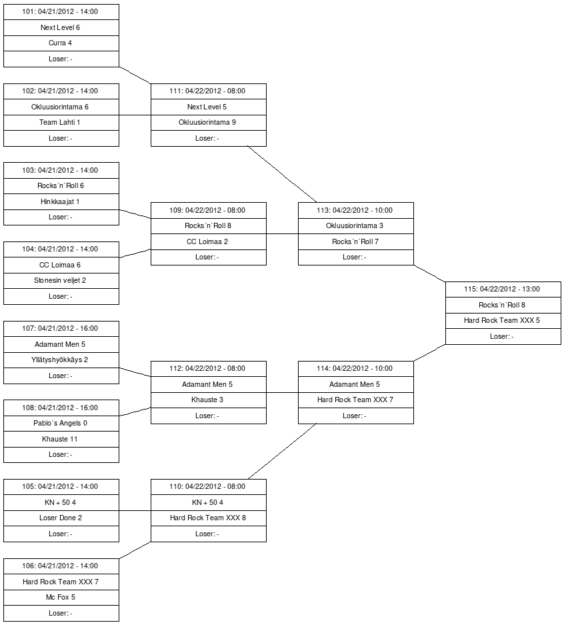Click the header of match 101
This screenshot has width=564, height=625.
pyautogui.click(x=61, y=12)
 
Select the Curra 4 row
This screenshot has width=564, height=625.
pyautogui.click(x=61, y=43)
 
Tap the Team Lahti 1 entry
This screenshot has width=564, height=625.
pyautogui.click(x=61, y=123)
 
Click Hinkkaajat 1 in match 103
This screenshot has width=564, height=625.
pyautogui.click(x=61, y=201)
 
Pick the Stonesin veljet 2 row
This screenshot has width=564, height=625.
pyautogui.click(x=61, y=281)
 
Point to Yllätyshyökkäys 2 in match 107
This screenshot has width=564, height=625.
pyautogui.click(x=61, y=360)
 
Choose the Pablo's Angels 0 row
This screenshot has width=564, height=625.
pyautogui.click(x=61, y=424)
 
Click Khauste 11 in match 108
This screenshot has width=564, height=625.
pyautogui.click(x=61, y=439)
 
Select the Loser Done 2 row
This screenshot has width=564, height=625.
pyautogui.click(x=61, y=518)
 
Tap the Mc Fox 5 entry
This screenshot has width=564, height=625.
pyautogui.click(x=61, y=598)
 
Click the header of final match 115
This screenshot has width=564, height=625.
pyautogui.click(x=503, y=289)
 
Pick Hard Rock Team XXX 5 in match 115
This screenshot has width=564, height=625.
pyautogui.click(x=503, y=321)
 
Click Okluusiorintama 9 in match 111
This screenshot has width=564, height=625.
pyautogui.click(x=208, y=123)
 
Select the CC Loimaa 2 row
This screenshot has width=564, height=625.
pyautogui.click(x=208, y=241)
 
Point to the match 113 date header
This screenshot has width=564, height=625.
pyautogui.click(x=355, y=210)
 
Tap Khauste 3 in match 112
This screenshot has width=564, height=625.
pyautogui.click(x=208, y=400)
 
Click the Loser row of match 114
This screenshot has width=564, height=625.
pyautogui.click(x=355, y=416)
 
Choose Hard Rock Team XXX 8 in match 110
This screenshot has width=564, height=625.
pyautogui.click(x=208, y=518)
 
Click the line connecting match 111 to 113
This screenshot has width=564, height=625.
pyautogui.click(x=282, y=173)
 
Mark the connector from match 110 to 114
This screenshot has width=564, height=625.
pyautogui.click(x=282, y=451)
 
